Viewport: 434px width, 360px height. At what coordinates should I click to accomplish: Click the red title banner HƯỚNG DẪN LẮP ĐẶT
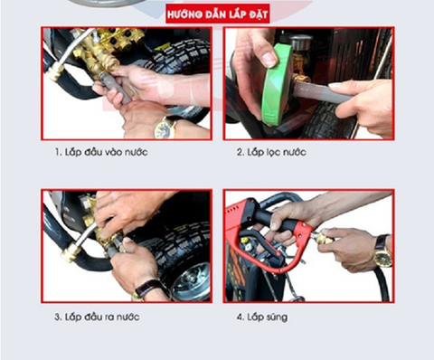click(x=217, y=14)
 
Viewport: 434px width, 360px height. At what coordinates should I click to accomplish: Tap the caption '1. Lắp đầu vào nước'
click(x=101, y=152)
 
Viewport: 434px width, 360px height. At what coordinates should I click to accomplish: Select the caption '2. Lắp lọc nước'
click(x=271, y=152)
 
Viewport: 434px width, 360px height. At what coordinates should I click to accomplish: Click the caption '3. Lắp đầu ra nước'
click(x=97, y=317)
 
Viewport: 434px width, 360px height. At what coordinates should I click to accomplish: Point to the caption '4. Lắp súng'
click(x=262, y=317)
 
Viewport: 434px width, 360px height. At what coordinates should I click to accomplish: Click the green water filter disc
click(x=276, y=84)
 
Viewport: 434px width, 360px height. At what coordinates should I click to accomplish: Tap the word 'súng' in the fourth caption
click(x=277, y=317)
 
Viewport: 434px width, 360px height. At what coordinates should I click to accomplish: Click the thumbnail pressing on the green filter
click(x=269, y=60)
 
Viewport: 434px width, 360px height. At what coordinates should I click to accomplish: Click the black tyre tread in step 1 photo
click(x=181, y=57)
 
